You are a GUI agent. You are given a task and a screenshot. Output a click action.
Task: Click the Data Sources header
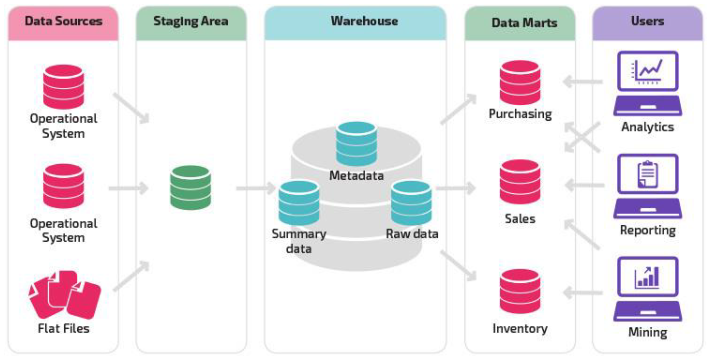point(63,21)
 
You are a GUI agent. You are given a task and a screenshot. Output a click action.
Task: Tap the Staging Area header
point(191,21)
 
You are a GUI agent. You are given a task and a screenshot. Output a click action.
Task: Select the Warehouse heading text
point(364,21)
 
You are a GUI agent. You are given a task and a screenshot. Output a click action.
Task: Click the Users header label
point(648,21)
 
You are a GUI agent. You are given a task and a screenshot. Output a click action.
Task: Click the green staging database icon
point(190,187)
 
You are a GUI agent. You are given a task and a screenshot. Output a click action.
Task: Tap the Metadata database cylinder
point(356,144)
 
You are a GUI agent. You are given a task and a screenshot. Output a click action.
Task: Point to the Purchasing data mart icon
point(520,83)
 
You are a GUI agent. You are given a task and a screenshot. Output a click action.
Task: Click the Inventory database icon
point(520,291)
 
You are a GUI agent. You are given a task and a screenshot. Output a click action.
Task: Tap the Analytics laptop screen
point(648,71)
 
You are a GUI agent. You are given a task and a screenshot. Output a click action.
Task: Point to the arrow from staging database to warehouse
point(255,188)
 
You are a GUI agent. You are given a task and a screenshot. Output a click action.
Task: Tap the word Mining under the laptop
point(648,332)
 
